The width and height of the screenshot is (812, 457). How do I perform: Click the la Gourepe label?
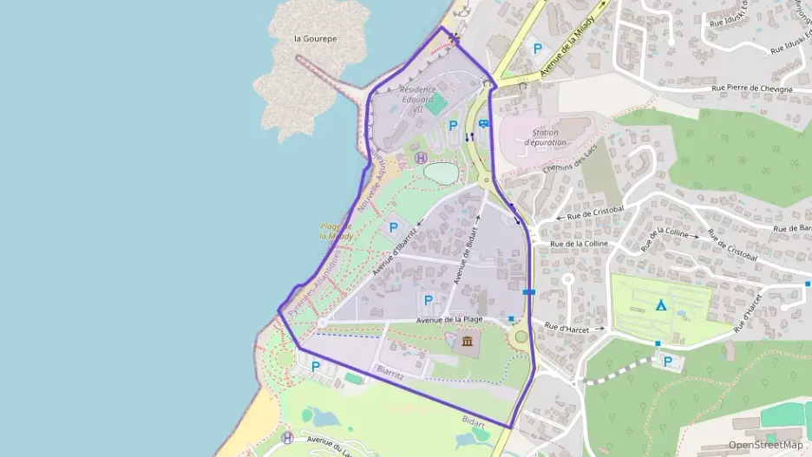pyautogui.click(x=315, y=39)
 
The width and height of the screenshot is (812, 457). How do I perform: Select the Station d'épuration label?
pyautogui.click(x=545, y=137)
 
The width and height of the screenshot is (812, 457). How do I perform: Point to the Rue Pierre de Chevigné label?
pyautogui.click(x=751, y=88)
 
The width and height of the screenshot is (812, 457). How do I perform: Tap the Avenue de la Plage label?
pyautogui.click(x=449, y=320)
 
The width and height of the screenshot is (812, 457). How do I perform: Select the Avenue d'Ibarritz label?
pyautogui.click(x=395, y=251)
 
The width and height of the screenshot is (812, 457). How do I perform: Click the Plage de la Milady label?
pyautogui.click(x=335, y=231)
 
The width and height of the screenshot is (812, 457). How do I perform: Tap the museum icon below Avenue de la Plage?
pyautogui.click(x=468, y=343)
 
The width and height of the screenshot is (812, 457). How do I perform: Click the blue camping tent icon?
pyautogui.click(x=661, y=304)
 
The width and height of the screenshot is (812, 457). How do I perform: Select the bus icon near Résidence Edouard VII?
pyautogui.click(x=483, y=124)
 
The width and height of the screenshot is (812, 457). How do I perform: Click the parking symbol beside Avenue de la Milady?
pyautogui.click(x=537, y=50)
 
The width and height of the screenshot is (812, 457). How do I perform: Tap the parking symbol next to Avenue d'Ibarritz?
pyautogui.click(x=393, y=229)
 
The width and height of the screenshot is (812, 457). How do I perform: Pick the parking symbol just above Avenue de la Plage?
pyautogui.click(x=427, y=300)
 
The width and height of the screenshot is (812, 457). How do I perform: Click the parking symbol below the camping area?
pyautogui.click(x=667, y=362)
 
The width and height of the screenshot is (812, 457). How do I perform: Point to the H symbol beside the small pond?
pyautogui.click(x=421, y=158)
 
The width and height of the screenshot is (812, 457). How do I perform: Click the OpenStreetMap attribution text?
pyautogui.click(x=765, y=445)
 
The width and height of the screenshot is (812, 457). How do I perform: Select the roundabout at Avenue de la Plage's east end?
pyautogui.click(x=521, y=336)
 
